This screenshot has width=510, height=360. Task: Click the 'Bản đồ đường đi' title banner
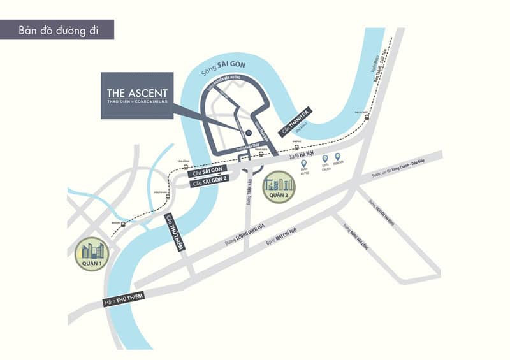pos(57,29)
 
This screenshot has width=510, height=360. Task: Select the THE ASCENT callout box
pos(137,96)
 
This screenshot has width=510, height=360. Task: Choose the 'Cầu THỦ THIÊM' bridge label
pos(174,232)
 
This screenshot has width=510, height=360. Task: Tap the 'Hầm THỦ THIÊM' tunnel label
pos(124,296)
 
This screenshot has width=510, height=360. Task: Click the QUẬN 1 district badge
pos(91,254)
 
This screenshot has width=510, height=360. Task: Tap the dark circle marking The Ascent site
pos(248,133)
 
